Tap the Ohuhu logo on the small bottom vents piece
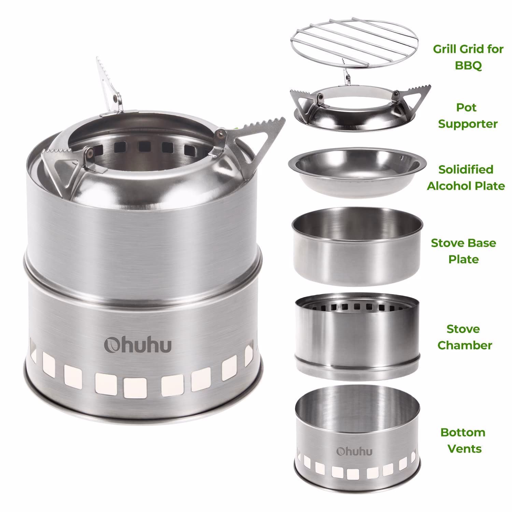354,451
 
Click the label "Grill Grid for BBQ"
468,57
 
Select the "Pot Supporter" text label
468,116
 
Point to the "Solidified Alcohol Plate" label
466,178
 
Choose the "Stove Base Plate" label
463,251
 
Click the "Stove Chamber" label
464,337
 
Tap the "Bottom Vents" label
463,440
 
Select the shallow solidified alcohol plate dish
357,172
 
